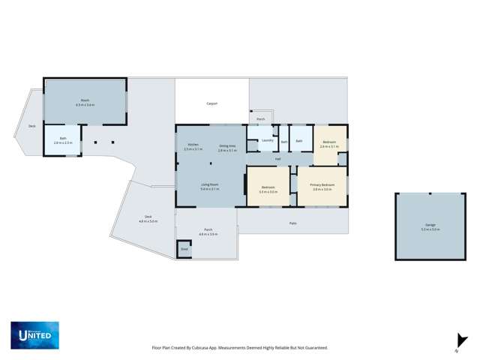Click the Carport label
(x=212, y=103)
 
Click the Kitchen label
(x=193, y=144)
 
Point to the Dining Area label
(x=228, y=145)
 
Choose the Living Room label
(x=209, y=184)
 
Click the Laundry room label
(x=267, y=140)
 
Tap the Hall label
(x=277, y=158)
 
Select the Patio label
(x=292, y=223)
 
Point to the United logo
(x=34, y=334)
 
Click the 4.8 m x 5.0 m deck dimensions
(x=148, y=221)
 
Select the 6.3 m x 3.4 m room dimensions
(x=85, y=105)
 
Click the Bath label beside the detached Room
(x=64, y=139)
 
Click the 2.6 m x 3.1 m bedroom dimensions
(x=329, y=146)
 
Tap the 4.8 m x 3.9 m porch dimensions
(x=208, y=235)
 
